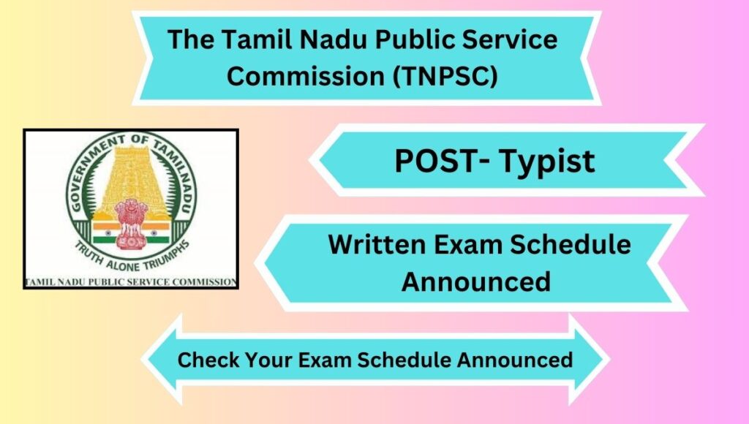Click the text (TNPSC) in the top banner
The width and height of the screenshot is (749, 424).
[x=445, y=76]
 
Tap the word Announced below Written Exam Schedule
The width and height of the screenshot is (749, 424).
[x=475, y=281]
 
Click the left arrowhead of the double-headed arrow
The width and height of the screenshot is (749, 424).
[x=162, y=360]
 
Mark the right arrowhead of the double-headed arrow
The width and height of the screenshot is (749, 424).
[x=590, y=360]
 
